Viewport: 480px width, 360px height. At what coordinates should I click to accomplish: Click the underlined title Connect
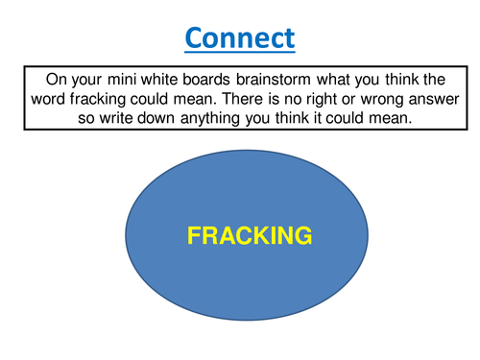click(x=240, y=38)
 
